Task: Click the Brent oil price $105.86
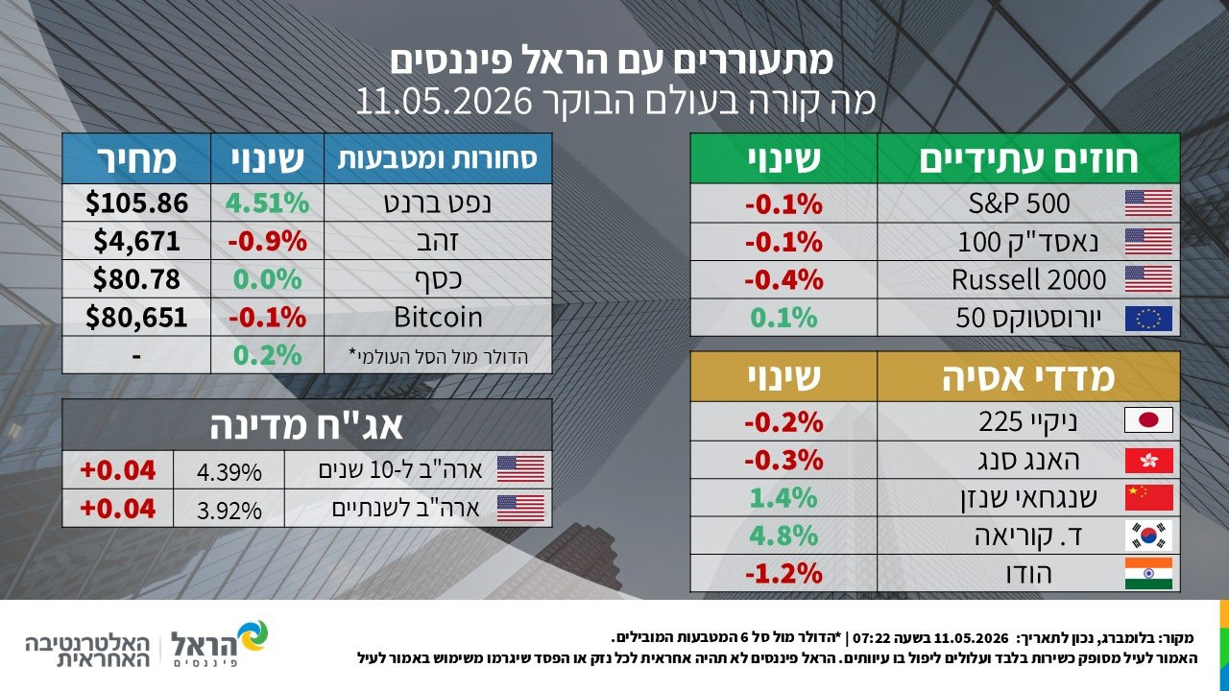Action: tap(136, 203)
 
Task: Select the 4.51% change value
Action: tap(267, 203)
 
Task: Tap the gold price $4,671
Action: tap(136, 241)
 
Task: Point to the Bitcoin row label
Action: tap(438, 318)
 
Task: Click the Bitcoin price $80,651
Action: tap(136, 318)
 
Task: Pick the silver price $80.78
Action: tap(136, 279)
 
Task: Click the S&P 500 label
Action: tap(1019, 203)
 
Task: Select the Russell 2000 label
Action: tap(1028, 279)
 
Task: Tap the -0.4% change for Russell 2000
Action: tap(783, 280)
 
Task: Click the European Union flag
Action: tap(1148, 319)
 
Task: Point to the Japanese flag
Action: tap(1148, 420)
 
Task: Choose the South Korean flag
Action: tap(1148, 536)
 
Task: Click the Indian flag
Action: tap(1148, 574)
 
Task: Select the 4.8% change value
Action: tap(783, 536)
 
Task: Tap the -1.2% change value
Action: tap(783, 574)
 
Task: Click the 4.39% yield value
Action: tap(229, 472)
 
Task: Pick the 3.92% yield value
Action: tap(229, 511)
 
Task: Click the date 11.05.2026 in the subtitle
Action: tap(445, 102)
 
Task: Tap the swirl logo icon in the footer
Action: tap(252, 636)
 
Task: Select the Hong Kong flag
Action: tap(1148, 460)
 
